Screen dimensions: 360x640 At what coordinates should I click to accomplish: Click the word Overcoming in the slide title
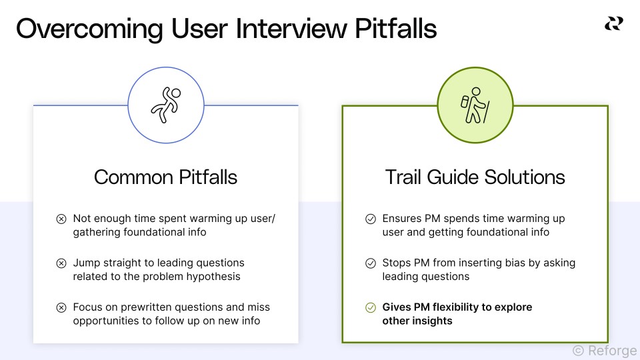click(89, 30)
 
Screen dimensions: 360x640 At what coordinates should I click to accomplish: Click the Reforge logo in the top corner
click(613, 23)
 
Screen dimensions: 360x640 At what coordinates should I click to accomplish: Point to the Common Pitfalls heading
click(165, 177)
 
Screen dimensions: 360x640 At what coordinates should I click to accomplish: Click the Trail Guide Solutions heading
click(475, 177)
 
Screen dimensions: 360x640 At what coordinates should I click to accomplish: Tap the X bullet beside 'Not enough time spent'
click(61, 219)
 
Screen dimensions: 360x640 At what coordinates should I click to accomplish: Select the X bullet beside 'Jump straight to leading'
click(61, 263)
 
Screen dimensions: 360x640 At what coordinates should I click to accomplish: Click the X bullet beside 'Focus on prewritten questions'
click(61, 307)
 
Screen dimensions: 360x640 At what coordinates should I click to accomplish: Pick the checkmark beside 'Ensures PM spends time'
click(371, 219)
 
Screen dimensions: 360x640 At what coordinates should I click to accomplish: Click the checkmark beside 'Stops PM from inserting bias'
click(371, 263)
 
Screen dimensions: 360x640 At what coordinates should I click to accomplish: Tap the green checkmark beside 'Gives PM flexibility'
click(371, 307)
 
